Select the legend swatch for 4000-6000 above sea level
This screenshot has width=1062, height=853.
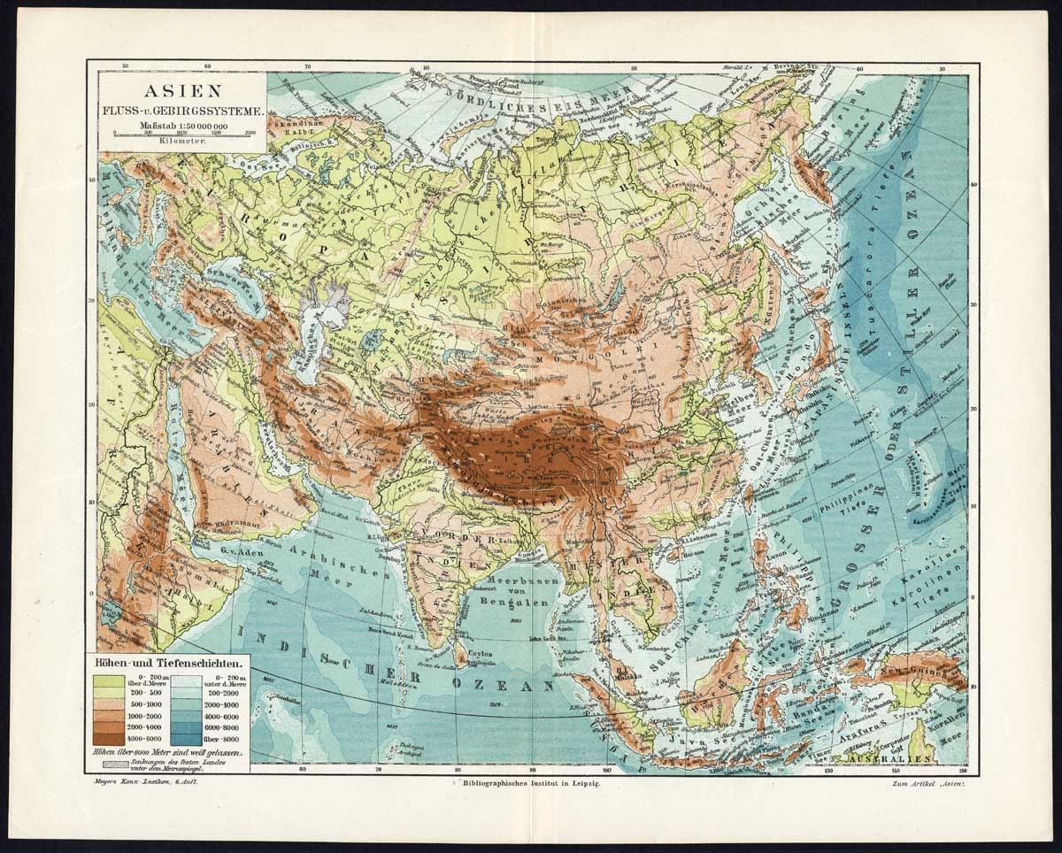coord(107,737)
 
